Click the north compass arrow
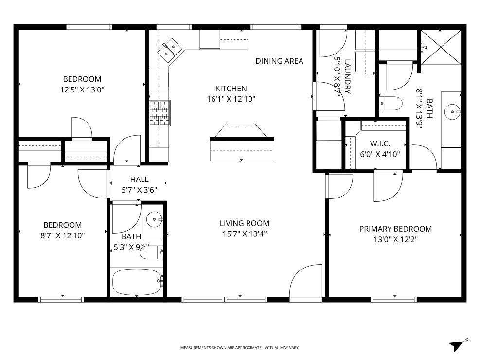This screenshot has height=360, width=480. coord(457,345)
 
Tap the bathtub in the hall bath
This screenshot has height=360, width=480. coord(137,282)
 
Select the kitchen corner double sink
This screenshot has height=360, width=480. coord(170,50)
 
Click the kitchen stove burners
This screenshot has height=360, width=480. coord(160,113)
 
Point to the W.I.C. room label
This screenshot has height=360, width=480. coord(380,144)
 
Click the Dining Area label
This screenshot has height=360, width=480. coord(280,61)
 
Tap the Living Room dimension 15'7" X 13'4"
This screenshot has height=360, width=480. coord(245,234)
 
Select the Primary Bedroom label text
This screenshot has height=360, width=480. coord(395,229)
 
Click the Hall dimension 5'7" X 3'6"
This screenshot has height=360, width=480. coord(139,190)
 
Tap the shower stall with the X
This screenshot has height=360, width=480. coord(441,47)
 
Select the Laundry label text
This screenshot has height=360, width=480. coord(347,76)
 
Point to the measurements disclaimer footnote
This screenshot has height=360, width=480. coord(240,348)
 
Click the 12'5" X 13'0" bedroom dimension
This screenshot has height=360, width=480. coord(82,90)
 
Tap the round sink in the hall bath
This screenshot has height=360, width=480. coord(154,219)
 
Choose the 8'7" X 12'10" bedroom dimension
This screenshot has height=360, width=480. coord(63,236)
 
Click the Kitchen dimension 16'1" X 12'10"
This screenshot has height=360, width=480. coord(231,99)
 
